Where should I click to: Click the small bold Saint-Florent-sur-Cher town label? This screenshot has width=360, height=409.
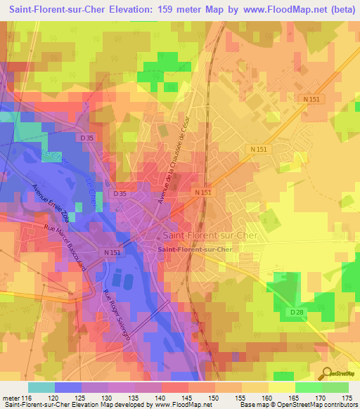pyautogui.click(x=195, y=249)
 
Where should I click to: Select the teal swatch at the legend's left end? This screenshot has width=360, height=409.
pyautogui.click(x=41, y=388)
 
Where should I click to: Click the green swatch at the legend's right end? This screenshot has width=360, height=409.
pyautogui.click(x=335, y=388)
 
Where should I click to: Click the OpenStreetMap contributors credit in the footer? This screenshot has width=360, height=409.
pyautogui.click(x=309, y=405)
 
